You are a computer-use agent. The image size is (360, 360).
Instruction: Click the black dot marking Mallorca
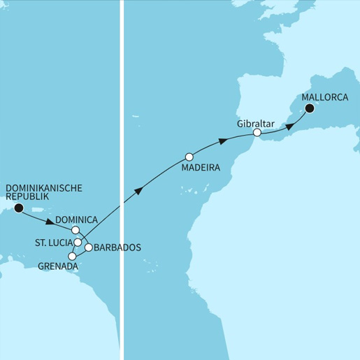(310, 108)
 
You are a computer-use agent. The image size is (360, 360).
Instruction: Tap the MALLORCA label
(324, 96)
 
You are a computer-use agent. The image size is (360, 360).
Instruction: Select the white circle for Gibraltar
(257, 132)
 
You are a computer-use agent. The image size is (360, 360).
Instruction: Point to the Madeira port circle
(189, 157)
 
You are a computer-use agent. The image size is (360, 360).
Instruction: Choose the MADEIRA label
(201, 168)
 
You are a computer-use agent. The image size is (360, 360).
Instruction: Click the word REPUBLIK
(27, 199)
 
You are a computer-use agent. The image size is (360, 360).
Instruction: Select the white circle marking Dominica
(75, 230)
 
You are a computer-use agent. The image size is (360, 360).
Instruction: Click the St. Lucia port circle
(78, 242)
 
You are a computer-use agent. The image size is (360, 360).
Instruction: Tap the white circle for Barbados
(89, 247)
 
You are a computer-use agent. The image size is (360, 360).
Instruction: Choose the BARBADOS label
(117, 247)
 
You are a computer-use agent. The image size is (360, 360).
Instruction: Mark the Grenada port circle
(72, 257)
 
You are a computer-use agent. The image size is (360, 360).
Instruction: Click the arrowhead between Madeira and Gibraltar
(223, 141)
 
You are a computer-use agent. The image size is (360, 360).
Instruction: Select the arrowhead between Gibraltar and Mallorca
(289, 125)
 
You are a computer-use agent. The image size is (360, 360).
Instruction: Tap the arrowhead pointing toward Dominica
(50, 223)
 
